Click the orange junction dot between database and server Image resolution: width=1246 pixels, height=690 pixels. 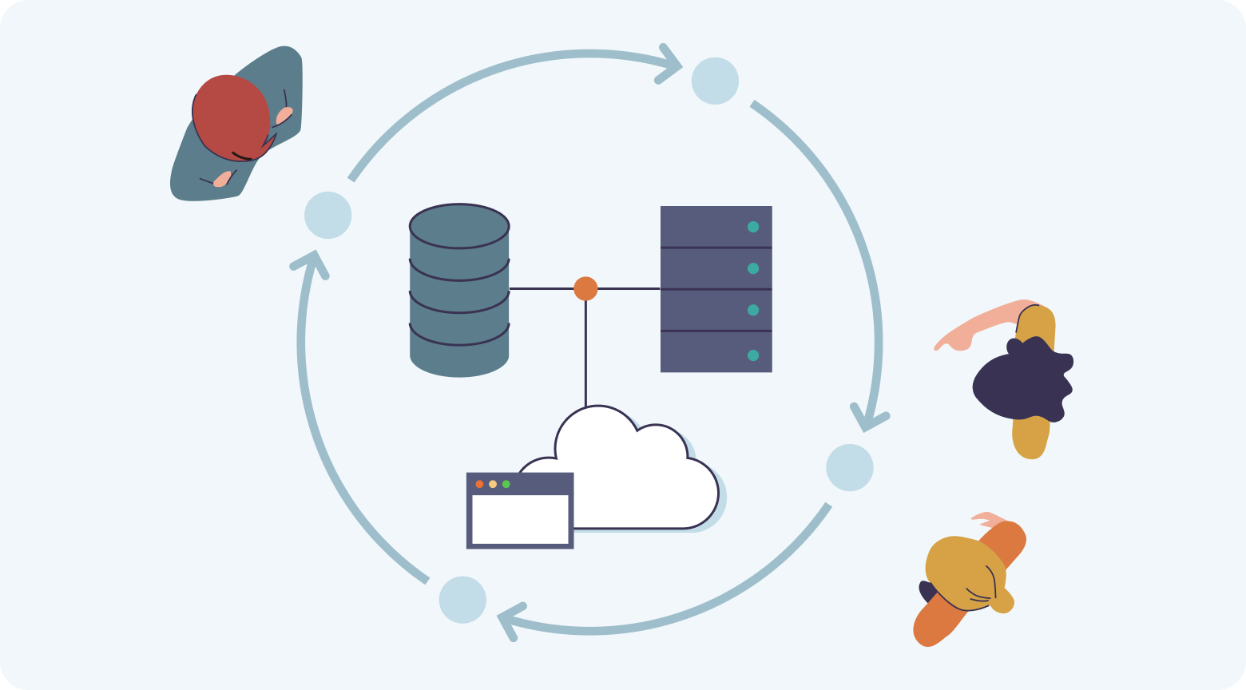coord(585,288)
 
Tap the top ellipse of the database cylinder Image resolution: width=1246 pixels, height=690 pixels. coord(459,225)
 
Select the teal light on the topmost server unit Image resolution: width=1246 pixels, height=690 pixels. coord(752,227)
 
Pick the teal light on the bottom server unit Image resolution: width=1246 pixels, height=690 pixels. coord(752,355)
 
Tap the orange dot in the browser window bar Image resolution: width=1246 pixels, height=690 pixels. coord(479,484)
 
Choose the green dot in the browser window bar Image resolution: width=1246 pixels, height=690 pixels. coord(506,484)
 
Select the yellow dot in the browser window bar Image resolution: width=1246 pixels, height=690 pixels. coord(493,484)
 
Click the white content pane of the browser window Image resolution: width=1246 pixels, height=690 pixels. coord(520,519)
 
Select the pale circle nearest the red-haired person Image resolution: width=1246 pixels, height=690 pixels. coord(328,215)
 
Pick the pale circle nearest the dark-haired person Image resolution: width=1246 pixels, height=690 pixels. coord(850,467)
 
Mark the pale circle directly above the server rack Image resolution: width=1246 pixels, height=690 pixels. coord(715,81)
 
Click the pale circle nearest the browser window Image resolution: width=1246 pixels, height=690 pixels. coord(462,600)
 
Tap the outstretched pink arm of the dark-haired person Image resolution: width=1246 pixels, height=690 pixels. coord(974,323)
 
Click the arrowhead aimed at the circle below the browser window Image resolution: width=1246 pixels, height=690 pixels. coord(506,619)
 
